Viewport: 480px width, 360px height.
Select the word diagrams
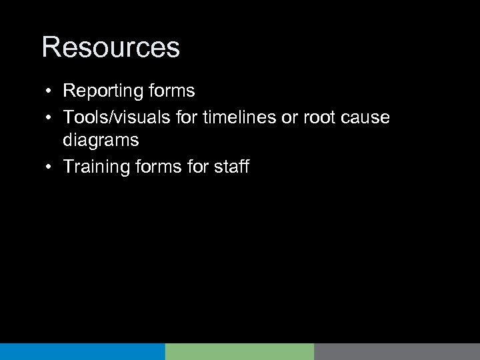(101, 141)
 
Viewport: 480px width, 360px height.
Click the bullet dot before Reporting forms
(50, 91)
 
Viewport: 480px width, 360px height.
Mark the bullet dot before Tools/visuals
(50, 117)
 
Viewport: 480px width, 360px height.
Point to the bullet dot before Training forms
(50, 167)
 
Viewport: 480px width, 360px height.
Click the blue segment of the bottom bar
(82, 352)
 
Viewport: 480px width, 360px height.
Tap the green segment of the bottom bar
(239, 352)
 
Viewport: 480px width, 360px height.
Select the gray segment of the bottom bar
(397, 352)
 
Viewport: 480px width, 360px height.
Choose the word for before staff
(196, 166)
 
